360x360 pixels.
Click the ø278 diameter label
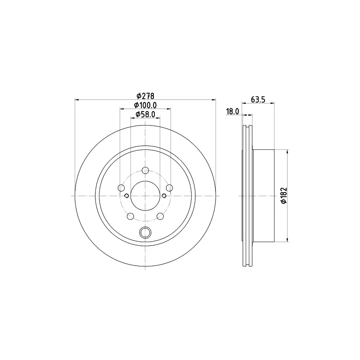(146, 96)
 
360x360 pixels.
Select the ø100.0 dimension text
(146, 105)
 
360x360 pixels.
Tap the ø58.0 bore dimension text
(146, 114)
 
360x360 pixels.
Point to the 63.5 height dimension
(258, 100)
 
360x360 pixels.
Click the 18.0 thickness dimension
(232, 112)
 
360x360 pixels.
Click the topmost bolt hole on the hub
(145, 170)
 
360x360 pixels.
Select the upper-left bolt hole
(121, 188)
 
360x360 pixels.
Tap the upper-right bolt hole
(169, 188)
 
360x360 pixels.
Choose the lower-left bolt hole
(130, 216)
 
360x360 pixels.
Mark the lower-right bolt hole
(160, 216)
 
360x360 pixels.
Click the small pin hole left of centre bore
(126, 195)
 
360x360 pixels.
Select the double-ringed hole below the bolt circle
(145, 232)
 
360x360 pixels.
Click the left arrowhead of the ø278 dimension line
(76, 99)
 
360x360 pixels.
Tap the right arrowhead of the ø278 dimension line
(214, 99)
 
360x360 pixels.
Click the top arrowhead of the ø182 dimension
(287, 152)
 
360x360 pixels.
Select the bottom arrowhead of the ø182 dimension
(287, 239)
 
